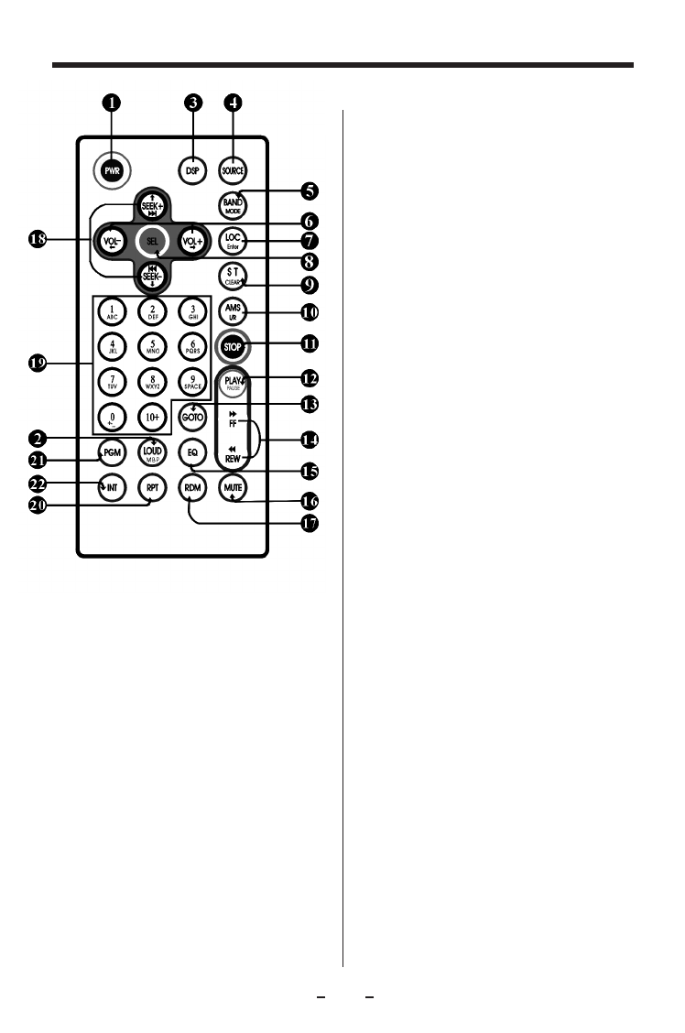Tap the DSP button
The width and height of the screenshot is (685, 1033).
tap(192, 169)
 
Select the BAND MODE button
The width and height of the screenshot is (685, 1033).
tap(233, 205)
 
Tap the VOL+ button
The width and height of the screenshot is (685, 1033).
tap(193, 242)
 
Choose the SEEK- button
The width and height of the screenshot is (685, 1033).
tap(152, 277)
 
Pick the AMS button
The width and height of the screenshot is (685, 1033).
tap(233, 312)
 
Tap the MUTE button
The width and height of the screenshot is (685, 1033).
tap(233, 488)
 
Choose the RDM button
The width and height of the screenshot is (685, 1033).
tap(192, 488)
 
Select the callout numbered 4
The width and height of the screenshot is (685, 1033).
tap(234, 103)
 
